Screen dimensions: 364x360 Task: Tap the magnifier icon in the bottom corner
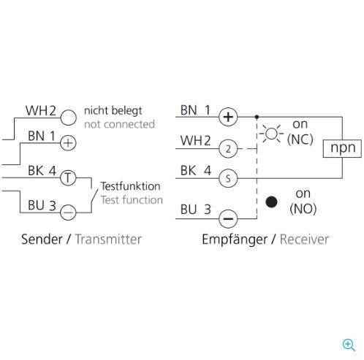[x=349, y=345]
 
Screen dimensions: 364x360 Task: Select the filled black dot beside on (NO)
[x=271, y=202]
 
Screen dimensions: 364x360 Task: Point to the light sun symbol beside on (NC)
[x=271, y=134]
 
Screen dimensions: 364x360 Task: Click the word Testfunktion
[x=131, y=186]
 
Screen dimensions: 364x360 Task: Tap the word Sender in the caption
[x=42, y=240]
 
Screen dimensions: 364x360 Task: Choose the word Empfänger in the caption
[x=235, y=240]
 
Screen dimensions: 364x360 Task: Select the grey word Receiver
[x=304, y=240]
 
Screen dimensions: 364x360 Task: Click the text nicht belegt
[x=113, y=111]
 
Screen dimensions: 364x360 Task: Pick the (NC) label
[x=300, y=139]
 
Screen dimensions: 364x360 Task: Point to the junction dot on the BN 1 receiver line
[x=257, y=117]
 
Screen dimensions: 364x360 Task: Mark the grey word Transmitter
[x=108, y=240]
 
